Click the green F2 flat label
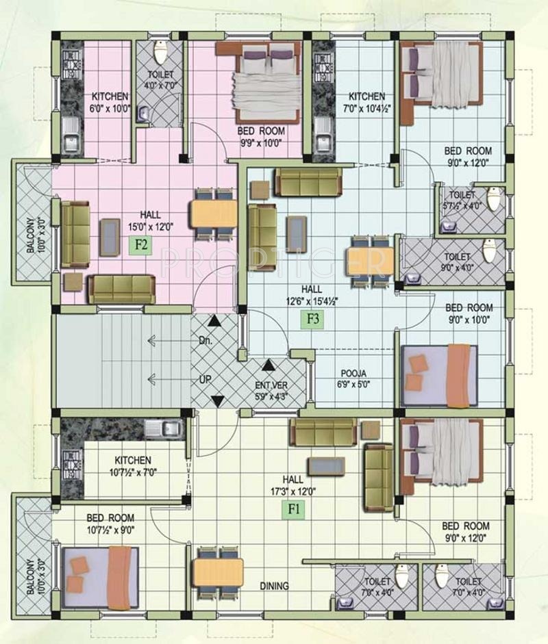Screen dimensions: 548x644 pyautogui.click(x=141, y=245)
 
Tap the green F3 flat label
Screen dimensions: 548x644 pyautogui.click(x=313, y=319)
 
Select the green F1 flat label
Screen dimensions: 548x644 pyautogui.click(x=294, y=510)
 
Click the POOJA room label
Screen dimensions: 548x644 pyautogui.click(x=353, y=374)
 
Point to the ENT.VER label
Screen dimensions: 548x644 pyautogui.click(x=271, y=386)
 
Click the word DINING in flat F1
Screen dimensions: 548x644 pyautogui.click(x=274, y=586)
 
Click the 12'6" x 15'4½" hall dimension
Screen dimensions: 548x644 pyautogui.click(x=311, y=300)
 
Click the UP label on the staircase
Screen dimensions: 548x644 pyautogui.click(x=205, y=380)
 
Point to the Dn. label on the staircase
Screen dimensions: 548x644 pyautogui.click(x=206, y=341)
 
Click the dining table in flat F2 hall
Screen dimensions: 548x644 pyautogui.click(x=213, y=214)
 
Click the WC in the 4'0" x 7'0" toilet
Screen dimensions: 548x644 pyautogui.click(x=160, y=52)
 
